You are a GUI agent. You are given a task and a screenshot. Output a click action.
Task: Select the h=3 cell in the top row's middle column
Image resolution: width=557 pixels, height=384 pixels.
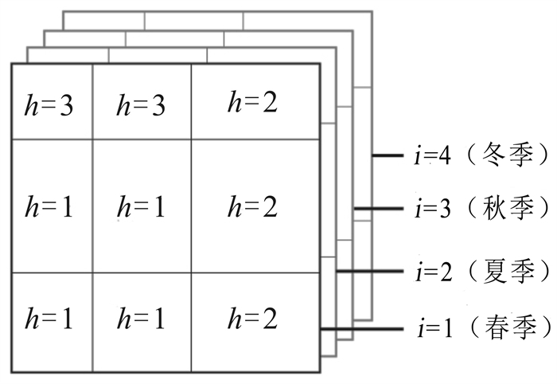point(142,104)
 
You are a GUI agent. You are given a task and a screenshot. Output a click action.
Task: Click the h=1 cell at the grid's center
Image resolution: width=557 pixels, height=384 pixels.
point(142,208)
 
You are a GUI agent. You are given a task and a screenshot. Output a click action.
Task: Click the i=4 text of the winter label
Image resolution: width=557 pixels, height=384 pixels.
point(432,155)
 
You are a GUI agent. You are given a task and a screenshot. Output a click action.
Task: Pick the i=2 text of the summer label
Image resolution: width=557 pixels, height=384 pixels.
point(432,271)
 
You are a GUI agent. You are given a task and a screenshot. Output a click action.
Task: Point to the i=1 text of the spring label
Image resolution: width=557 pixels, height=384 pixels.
point(432,327)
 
